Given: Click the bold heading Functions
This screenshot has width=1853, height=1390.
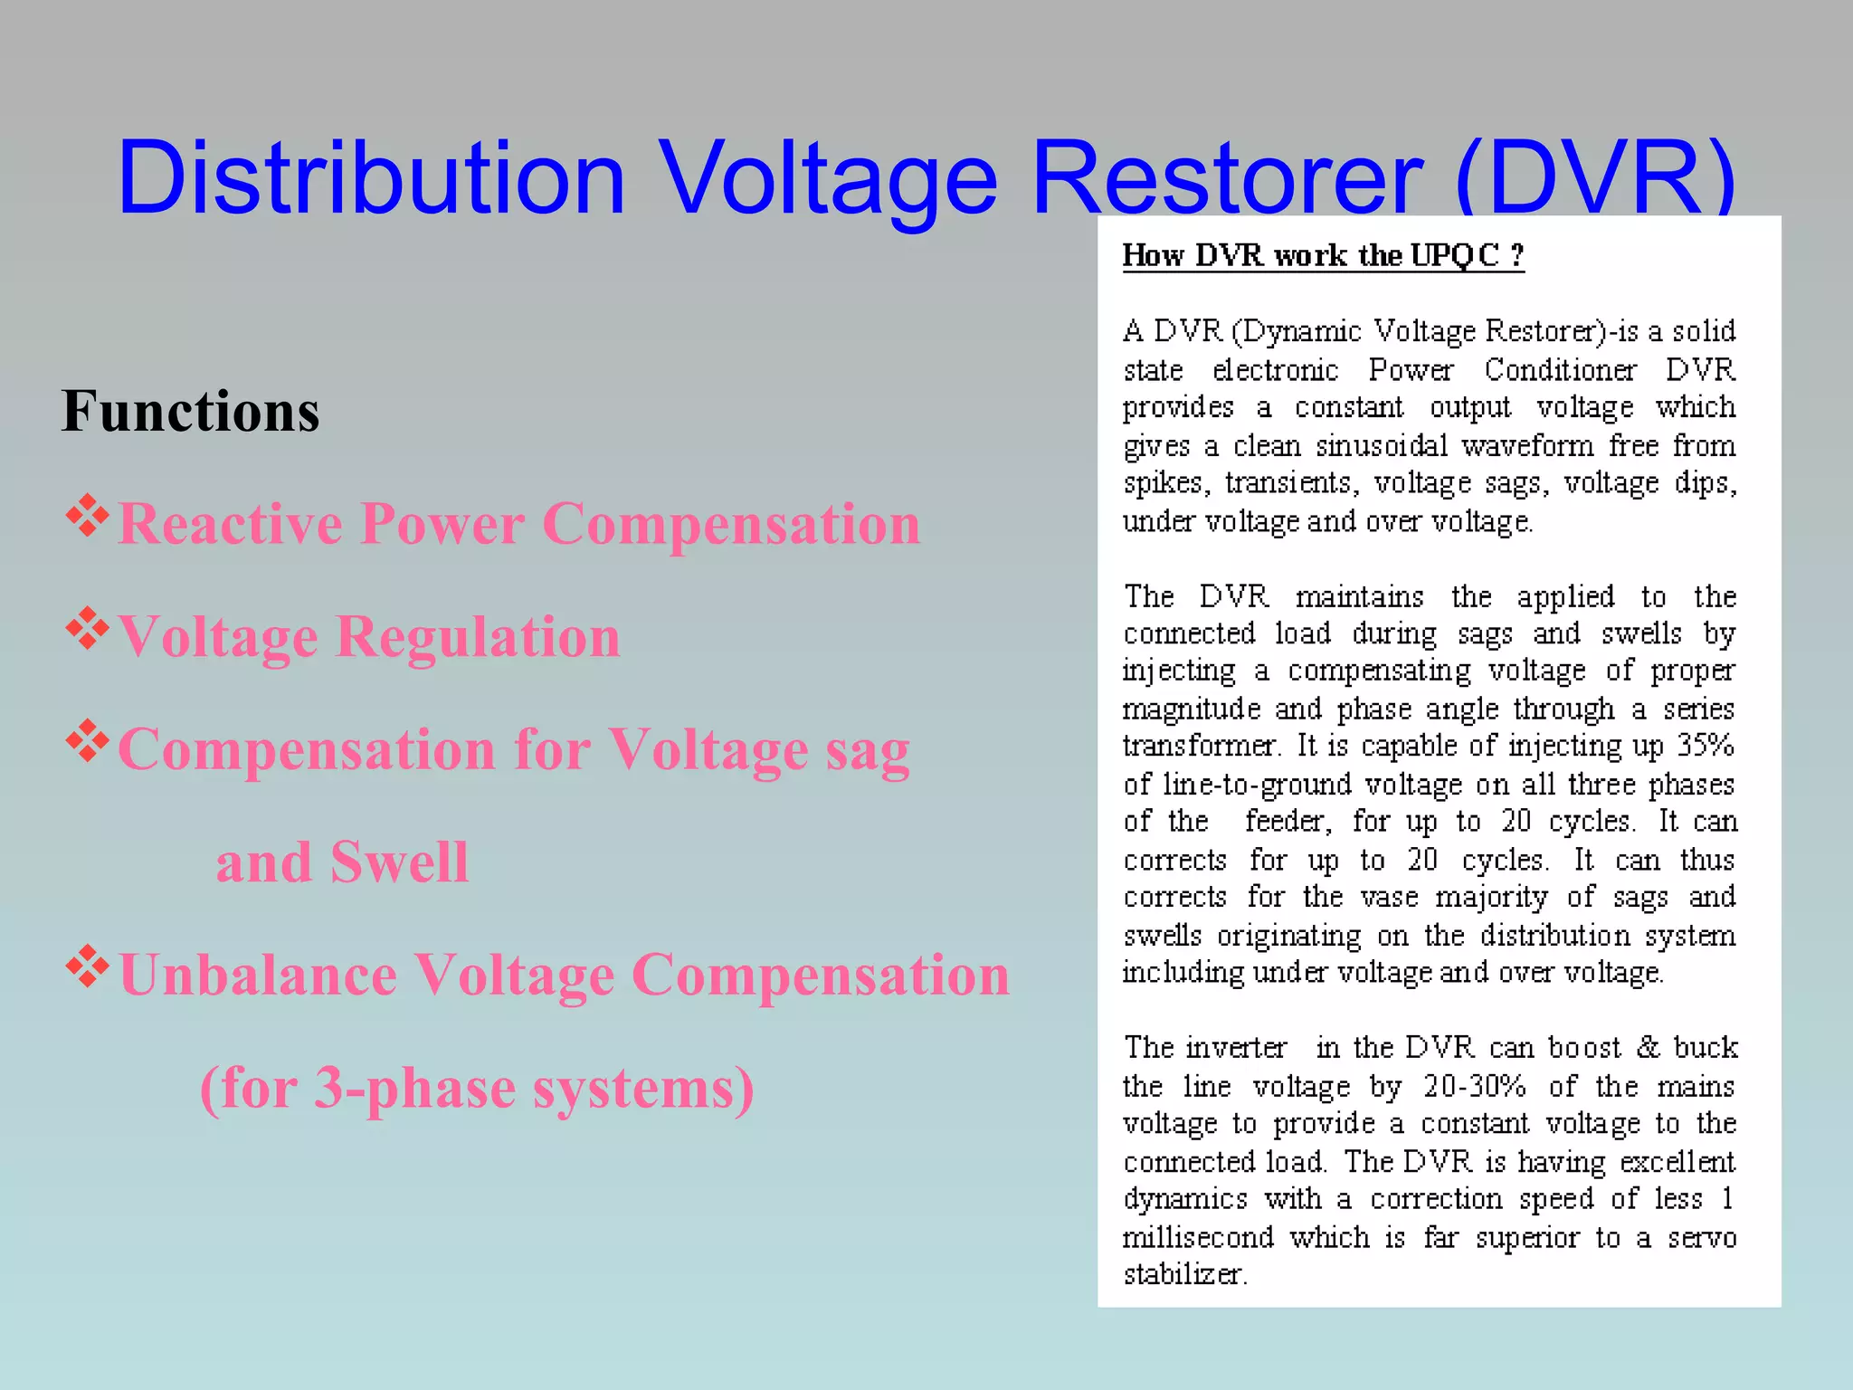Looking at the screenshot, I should tap(190, 411).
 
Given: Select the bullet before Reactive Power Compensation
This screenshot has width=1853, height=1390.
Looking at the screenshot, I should tap(88, 517).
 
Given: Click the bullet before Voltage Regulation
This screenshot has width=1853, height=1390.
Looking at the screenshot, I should tap(88, 630).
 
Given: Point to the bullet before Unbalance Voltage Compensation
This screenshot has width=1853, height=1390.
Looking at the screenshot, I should tap(88, 967).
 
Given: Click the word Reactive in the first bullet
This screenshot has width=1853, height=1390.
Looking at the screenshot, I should tap(230, 524).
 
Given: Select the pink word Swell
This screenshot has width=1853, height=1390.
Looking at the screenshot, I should tap(399, 862).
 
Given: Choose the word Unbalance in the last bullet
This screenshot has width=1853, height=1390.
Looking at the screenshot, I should tap(258, 976).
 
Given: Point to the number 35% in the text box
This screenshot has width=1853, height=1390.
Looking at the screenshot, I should tap(1706, 746).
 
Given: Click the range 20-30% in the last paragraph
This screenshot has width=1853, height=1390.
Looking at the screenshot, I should tap(1475, 1085).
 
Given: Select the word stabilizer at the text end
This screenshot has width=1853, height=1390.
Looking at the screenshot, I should tap(1184, 1274).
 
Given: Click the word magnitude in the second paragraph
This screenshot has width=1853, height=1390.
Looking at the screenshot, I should tap(1191, 708).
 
